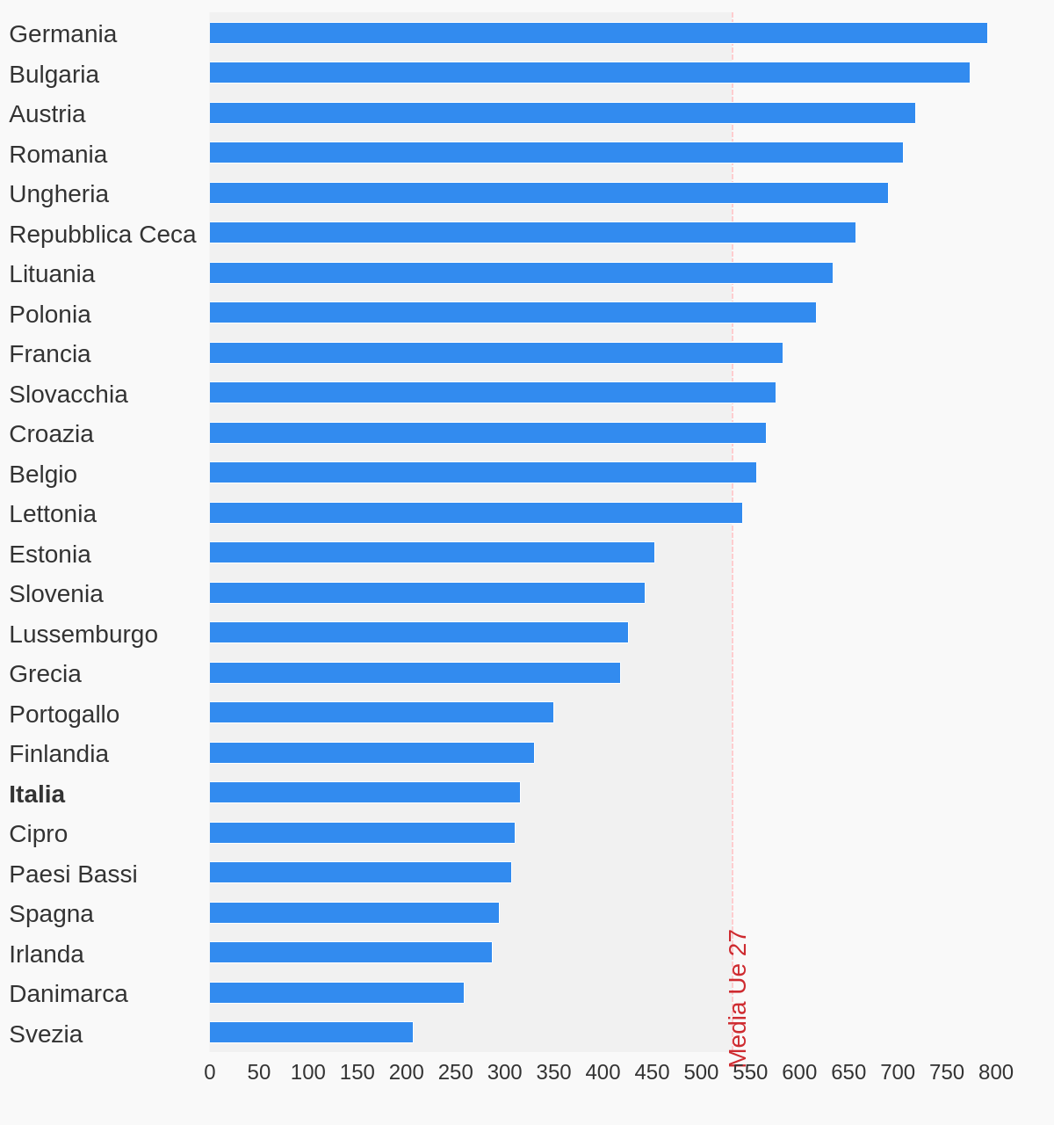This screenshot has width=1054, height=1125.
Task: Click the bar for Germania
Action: pos(597,33)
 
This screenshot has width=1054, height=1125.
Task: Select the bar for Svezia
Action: pos(311,1033)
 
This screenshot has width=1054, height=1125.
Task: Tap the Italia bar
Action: pos(365,793)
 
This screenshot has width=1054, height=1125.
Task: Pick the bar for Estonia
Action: pos(431,553)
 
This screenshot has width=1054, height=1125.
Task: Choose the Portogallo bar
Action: pos(381,713)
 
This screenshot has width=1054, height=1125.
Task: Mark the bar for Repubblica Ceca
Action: pos(532,233)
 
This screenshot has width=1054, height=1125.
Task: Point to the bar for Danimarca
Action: pos(336,993)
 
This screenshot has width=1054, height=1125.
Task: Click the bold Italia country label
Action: pos(37,795)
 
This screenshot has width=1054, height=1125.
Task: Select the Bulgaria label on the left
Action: pos(54,75)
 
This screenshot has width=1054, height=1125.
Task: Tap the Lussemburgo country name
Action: pos(83,635)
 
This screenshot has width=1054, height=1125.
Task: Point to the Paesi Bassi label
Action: pos(73,875)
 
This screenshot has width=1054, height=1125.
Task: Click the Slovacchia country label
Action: pos(69,395)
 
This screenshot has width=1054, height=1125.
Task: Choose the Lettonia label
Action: pos(53,514)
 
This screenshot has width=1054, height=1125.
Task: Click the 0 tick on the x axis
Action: pos(210,1072)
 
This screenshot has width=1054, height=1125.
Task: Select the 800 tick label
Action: pos(995,1072)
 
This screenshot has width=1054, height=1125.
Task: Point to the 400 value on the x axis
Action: pos(603,1072)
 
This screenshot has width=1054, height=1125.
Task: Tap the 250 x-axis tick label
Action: pos(455,1072)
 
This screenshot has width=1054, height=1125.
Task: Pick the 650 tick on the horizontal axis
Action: pos(848,1072)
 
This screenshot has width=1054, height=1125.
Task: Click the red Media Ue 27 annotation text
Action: pos(738,998)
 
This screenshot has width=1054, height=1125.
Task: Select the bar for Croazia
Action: pos(487,433)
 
